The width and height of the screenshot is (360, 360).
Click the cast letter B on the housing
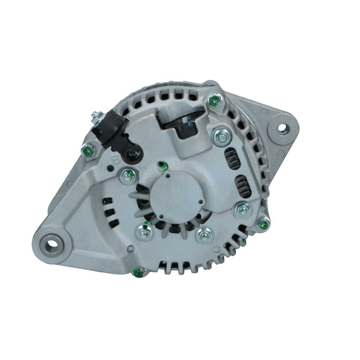click(115, 159)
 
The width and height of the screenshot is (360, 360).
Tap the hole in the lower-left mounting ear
click(52, 243)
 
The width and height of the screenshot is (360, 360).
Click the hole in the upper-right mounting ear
click(282, 128)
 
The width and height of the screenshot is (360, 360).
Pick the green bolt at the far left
click(88, 151)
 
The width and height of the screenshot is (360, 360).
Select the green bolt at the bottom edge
click(139, 272)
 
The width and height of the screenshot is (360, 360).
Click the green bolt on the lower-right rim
click(263, 223)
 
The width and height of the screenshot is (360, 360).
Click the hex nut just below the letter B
click(128, 176)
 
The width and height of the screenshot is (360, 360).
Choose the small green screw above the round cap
click(161, 164)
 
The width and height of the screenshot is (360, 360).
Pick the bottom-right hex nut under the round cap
click(204, 234)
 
